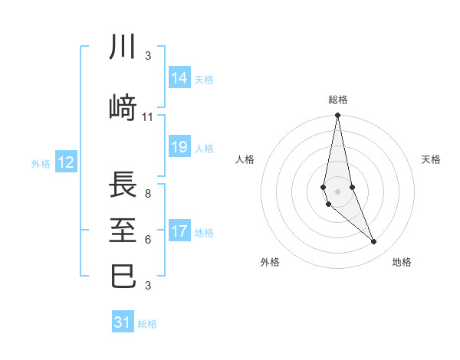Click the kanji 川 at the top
click(123, 47)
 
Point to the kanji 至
click(123, 230)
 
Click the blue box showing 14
click(179, 78)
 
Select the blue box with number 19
click(179, 147)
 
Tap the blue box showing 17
click(179, 231)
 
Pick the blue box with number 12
click(65, 162)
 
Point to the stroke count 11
click(148, 117)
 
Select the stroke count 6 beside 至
click(148, 239)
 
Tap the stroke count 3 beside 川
click(148, 55)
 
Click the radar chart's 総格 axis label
click(338, 100)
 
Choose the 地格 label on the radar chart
click(402, 262)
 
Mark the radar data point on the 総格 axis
click(338, 115)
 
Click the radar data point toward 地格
click(374, 242)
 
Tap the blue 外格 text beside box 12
click(41, 163)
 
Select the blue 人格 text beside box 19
click(204, 148)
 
